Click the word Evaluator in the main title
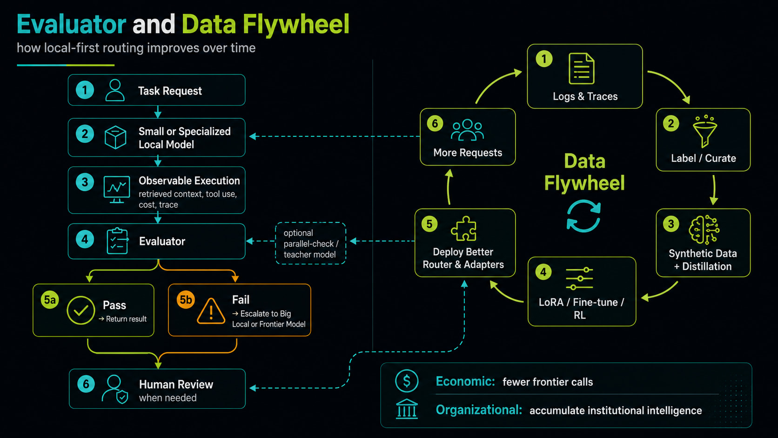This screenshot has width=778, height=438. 71,24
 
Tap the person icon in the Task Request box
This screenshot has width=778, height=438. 114,90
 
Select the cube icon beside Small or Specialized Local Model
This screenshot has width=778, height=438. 115,138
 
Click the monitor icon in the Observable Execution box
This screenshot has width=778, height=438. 117,189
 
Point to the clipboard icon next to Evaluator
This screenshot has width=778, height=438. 117,241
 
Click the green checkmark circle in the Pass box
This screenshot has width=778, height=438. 80,310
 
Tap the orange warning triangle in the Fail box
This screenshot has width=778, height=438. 211,311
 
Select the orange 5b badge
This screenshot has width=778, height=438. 186,300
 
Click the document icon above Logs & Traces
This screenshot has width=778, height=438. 582,68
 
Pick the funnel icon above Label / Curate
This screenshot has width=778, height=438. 705,131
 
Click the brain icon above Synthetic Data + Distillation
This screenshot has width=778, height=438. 704,229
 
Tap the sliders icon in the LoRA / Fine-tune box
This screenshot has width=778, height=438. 579,278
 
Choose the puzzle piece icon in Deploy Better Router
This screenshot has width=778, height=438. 463,229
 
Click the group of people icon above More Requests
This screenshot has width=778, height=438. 467,130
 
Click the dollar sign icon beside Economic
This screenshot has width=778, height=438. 406,381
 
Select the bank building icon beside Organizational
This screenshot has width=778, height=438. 407,409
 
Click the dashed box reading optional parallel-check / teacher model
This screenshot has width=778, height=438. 310,243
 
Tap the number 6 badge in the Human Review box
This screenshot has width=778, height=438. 86,384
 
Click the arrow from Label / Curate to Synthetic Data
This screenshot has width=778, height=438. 714,190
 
